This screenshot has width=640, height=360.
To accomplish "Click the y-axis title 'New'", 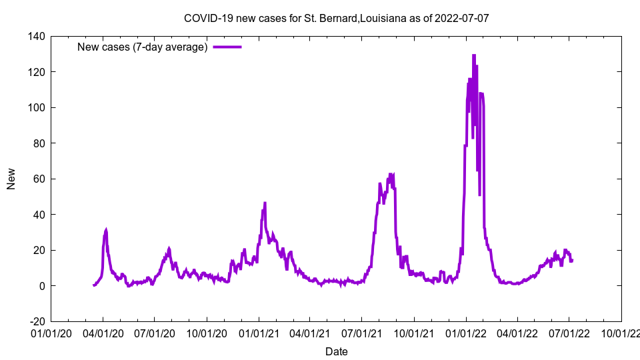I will coord(11,179).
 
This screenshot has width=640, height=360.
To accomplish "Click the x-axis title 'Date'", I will coord(336,351).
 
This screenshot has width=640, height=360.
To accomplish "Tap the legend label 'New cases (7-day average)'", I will coord(143,47).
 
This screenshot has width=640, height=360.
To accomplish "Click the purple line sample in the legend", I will coord(227,47).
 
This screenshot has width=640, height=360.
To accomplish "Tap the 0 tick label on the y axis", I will coord(41,286).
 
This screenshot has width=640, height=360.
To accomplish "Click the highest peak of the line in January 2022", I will coord(473,55).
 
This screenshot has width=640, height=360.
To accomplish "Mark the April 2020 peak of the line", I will coord(106,230).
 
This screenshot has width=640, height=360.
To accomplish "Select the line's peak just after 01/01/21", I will coord(265,203).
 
